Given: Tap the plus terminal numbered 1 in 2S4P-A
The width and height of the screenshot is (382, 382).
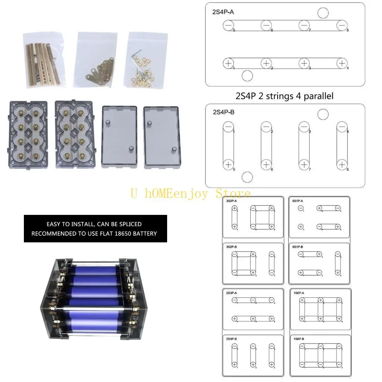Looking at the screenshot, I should click(228, 63).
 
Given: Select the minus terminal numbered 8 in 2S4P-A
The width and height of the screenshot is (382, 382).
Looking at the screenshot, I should click(342, 25).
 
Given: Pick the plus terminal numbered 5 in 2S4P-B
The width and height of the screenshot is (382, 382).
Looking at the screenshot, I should click(228, 164).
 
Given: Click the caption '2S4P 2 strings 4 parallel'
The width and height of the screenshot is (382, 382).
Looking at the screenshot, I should click(285, 96).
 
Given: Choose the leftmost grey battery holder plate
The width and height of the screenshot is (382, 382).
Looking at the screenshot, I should click(26, 134).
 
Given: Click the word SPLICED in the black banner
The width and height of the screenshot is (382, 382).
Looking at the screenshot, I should click(128, 224).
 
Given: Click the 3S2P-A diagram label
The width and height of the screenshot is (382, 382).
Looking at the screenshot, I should click(231, 201).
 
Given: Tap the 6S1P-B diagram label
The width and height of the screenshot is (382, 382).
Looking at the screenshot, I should click(298, 247).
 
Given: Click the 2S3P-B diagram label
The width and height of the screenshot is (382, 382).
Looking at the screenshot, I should click(232, 339).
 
